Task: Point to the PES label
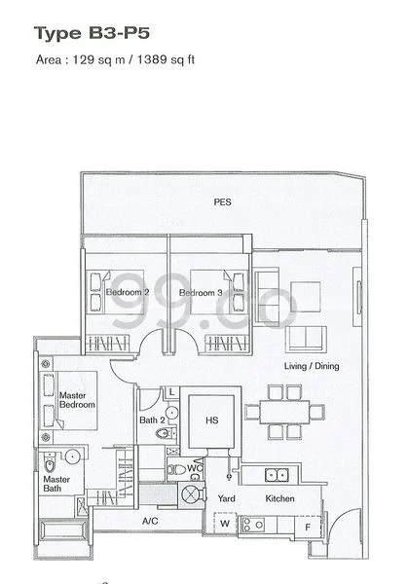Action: (x=222, y=202)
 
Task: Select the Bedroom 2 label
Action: (x=128, y=292)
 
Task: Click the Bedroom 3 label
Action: (x=202, y=292)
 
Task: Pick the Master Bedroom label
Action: (x=77, y=401)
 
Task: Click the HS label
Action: (x=211, y=421)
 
